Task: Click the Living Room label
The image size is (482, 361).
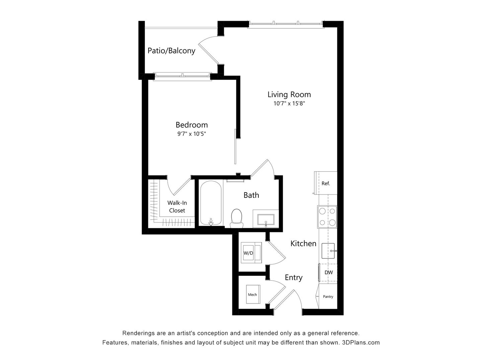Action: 289,95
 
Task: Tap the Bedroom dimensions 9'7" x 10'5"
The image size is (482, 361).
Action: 191,134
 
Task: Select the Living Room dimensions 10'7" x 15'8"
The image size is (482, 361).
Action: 289,104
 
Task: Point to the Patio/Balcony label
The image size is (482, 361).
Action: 171,51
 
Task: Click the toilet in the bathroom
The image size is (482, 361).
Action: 237,217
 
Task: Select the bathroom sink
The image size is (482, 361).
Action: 265,220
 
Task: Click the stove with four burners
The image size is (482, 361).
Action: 327,216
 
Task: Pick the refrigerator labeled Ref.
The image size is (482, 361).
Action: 326,183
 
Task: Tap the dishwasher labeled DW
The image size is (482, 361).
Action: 328,272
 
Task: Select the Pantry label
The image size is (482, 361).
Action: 328,296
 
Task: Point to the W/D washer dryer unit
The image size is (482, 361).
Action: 248,253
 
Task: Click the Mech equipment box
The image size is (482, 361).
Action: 253,294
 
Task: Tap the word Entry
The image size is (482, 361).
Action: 294,277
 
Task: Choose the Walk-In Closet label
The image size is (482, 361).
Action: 177,207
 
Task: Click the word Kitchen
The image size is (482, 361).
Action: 303,243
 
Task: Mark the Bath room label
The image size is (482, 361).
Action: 251,195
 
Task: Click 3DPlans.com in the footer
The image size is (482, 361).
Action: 361,343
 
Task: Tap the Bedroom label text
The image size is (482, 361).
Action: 191,125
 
